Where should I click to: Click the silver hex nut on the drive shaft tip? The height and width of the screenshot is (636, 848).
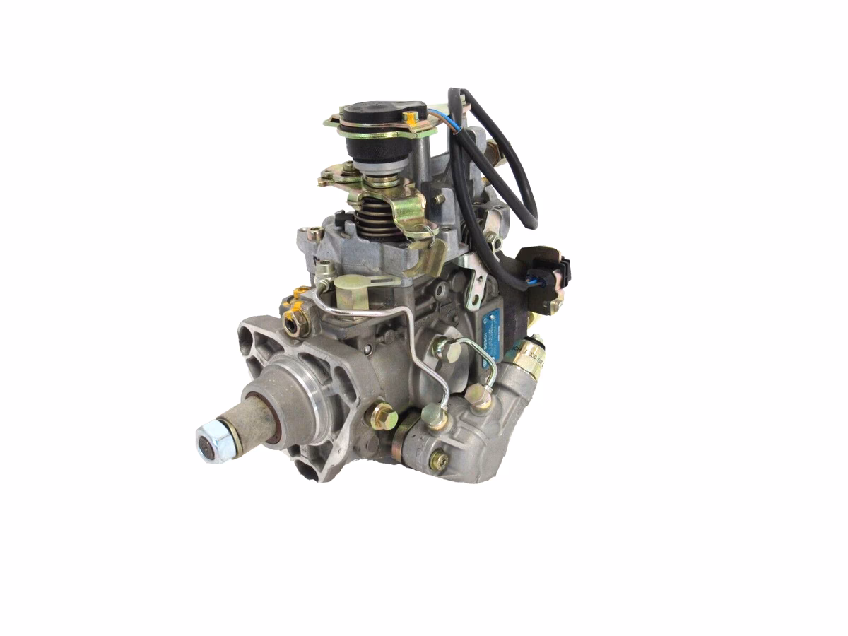point(212,443)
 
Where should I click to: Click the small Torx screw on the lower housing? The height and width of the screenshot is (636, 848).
point(438,461)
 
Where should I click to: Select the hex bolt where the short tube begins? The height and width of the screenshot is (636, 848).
point(447,350)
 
